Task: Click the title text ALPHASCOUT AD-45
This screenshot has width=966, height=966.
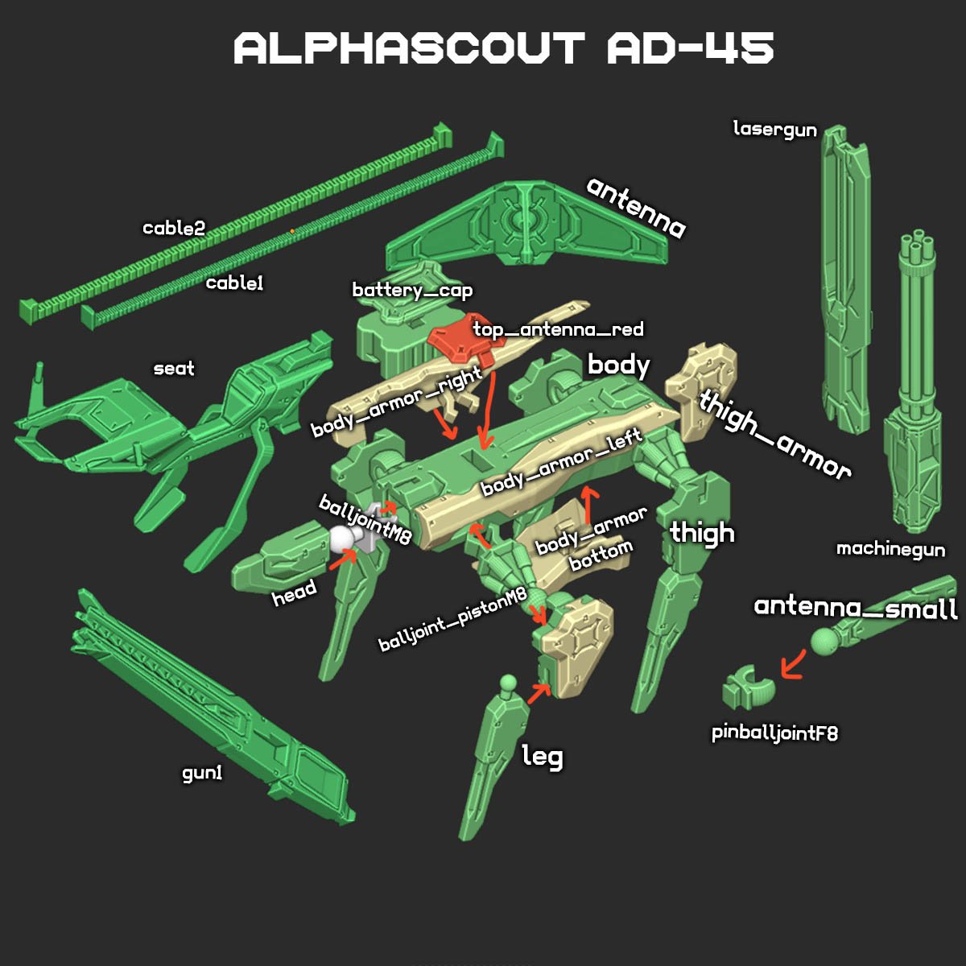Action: coord(503,49)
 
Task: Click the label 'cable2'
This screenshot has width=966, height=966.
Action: coord(174,229)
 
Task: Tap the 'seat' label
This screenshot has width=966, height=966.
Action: coord(174,369)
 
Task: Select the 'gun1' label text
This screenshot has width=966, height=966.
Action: coord(202,774)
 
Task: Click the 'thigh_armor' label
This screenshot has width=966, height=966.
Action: coord(774,435)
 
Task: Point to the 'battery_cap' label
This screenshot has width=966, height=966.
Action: coord(412,291)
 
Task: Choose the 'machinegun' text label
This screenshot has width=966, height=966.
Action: coord(890,549)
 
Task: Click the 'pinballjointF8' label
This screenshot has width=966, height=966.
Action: coord(774,733)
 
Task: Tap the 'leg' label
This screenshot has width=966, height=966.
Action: coord(543,757)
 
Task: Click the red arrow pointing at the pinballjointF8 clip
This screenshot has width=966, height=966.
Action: coord(792,665)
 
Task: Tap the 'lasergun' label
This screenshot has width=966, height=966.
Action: coord(774,129)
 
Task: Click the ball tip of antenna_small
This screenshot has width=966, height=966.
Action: coord(824,642)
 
